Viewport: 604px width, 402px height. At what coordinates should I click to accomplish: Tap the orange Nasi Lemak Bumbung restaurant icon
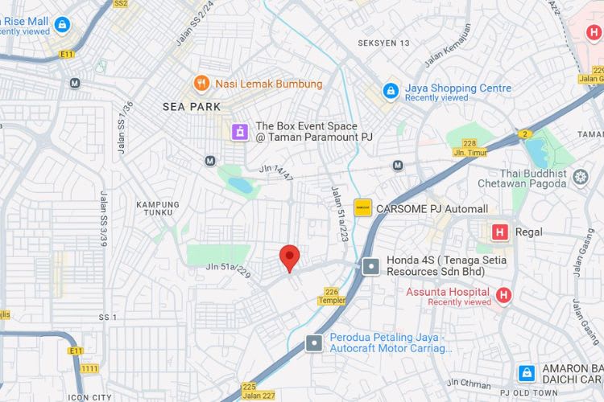point(201,83)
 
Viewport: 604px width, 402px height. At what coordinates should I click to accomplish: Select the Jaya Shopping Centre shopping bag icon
point(391,91)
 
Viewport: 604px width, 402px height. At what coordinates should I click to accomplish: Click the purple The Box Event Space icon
point(239,131)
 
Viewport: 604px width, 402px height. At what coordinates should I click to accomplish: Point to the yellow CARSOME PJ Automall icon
point(362,207)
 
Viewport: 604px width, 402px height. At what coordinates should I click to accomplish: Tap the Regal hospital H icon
point(499,232)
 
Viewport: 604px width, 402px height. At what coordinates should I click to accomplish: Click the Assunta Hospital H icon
point(503,296)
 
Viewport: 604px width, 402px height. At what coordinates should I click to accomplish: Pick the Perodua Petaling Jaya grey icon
point(313,343)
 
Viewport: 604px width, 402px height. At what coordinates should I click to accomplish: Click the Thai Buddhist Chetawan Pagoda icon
point(581,177)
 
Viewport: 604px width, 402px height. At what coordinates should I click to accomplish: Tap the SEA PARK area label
point(192,106)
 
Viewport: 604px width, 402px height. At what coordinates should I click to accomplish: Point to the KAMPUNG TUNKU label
point(158,208)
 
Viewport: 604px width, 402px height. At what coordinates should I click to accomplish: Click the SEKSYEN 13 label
point(383,43)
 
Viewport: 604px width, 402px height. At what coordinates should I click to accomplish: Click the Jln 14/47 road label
point(277,169)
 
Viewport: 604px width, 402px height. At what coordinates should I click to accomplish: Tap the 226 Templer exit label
point(332,296)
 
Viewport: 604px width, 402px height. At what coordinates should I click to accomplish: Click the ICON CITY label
point(90,397)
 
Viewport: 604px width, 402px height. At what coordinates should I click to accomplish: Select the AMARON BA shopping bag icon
point(527,372)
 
